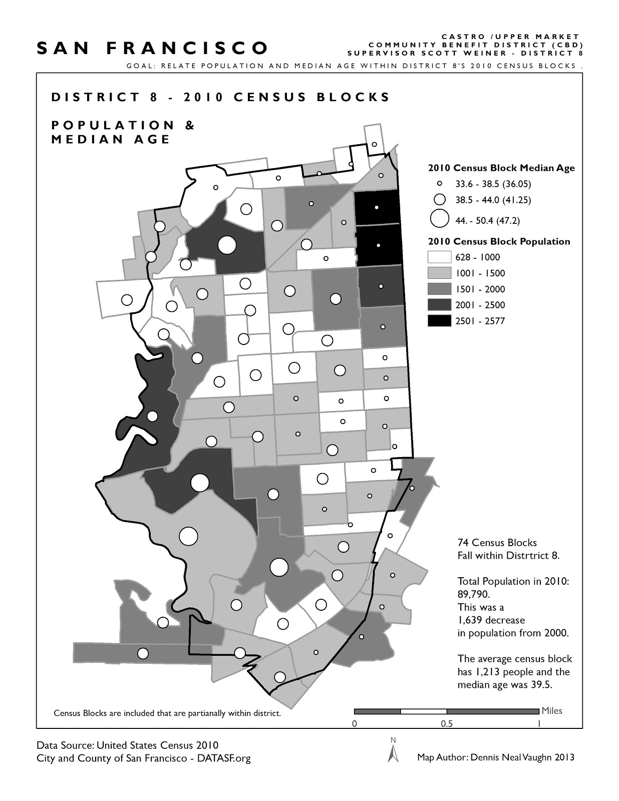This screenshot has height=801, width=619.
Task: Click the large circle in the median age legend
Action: [439, 219]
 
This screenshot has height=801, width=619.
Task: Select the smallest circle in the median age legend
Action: [439, 184]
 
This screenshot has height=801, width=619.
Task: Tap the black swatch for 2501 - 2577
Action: [439, 321]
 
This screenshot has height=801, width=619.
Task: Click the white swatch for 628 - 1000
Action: [439, 257]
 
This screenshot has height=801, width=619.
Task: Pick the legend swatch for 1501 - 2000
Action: [439, 289]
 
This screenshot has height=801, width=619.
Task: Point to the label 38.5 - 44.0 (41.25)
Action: [493, 200]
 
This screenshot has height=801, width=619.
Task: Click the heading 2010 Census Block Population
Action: [499, 241]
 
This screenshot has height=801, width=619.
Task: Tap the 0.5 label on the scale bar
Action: [447, 723]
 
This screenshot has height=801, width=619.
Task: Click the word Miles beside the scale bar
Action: [552, 710]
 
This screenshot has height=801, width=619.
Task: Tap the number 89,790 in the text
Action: [473, 594]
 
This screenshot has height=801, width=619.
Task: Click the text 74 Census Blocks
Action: [497, 543]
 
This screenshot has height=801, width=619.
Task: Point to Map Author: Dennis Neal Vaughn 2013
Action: [495, 757]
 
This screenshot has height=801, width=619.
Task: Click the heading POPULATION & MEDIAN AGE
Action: [123, 132]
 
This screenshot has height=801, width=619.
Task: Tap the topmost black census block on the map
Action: [377, 208]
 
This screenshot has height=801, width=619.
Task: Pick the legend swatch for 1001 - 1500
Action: [439, 273]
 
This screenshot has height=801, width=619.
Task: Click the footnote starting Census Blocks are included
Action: [167, 713]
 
